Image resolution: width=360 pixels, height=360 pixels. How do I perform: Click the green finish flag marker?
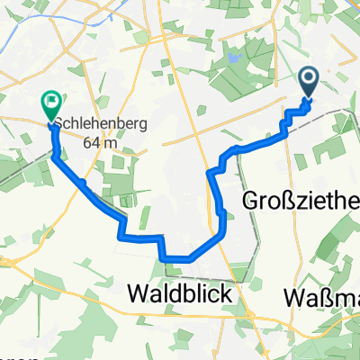(x=49, y=106)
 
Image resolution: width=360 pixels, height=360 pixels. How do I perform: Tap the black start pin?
(x=309, y=84)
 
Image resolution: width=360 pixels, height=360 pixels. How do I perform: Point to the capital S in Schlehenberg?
(x=59, y=124)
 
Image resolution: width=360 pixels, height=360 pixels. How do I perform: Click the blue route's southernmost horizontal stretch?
(x=178, y=258)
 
